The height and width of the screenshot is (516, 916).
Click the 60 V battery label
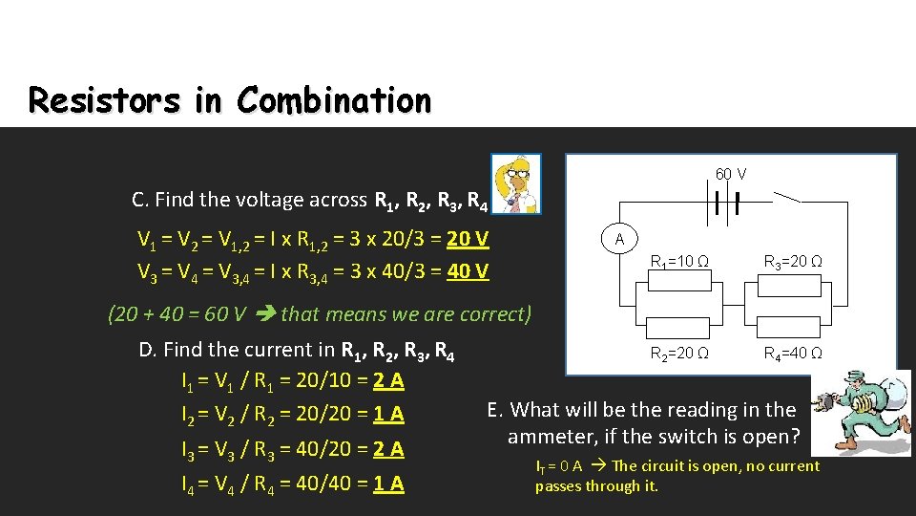[731, 174]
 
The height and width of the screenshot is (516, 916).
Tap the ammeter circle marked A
[619, 239]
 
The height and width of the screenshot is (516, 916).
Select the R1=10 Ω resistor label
[678, 261]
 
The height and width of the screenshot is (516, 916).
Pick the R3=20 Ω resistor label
[793, 261]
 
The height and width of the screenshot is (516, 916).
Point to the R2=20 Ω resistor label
[678, 354]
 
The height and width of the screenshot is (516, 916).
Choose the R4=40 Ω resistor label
[793, 354]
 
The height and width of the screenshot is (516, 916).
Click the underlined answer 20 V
[468, 238]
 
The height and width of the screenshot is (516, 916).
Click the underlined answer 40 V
[468, 271]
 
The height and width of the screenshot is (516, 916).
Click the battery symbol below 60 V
[725, 203]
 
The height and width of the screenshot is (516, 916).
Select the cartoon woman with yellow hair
[515, 183]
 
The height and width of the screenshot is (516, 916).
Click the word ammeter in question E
[549, 437]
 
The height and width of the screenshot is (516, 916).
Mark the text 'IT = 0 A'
[559, 466]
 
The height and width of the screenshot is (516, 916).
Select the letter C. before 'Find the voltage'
[139, 200]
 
